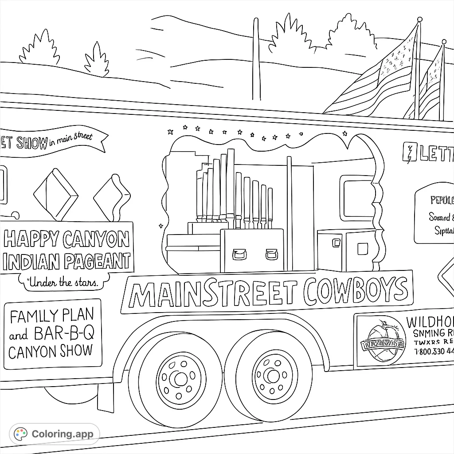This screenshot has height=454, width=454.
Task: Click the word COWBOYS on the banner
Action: pos(356,290)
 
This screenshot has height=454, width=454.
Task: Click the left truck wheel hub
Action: pos(180,379)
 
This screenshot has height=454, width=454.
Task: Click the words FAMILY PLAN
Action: pos(52,316)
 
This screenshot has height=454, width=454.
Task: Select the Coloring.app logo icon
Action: pos(20,434)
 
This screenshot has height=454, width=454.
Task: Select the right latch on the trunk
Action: pos(271,254)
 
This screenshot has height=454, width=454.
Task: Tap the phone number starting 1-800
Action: pos(434,352)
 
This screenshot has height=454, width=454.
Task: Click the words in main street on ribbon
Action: pos(71,139)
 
